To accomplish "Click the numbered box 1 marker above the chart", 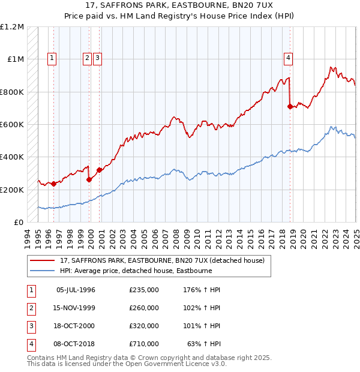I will click(x=52, y=58).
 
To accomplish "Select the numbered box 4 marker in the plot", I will click(x=289, y=58).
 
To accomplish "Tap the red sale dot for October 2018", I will click(x=290, y=107).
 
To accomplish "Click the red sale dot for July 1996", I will click(x=54, y=184).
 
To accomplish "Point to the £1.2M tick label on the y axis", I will click(x=12, y=27).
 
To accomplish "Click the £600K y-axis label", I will click(x=12, y=124).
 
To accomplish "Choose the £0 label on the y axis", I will click(x=19, y=222).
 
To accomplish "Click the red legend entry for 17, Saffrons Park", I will click(x=166, y=261).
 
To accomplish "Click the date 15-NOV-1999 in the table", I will click(x=76, y=308).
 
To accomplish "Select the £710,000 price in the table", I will click(x=144, y=344).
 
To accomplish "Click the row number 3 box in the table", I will click(x=30, y=326).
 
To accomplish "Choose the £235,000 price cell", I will click(x=144, y=290).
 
